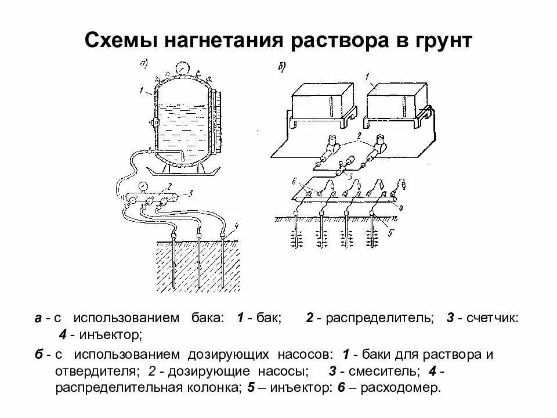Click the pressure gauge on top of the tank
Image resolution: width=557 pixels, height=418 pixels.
tap(183, 68)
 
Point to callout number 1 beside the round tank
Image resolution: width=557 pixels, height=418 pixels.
tap(141, 90)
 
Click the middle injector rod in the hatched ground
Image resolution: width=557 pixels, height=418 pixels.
tap(198, 261)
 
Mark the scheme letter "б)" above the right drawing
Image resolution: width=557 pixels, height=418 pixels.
tap(280, 69)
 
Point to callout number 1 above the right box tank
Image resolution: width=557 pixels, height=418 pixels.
tap(367, 76)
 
